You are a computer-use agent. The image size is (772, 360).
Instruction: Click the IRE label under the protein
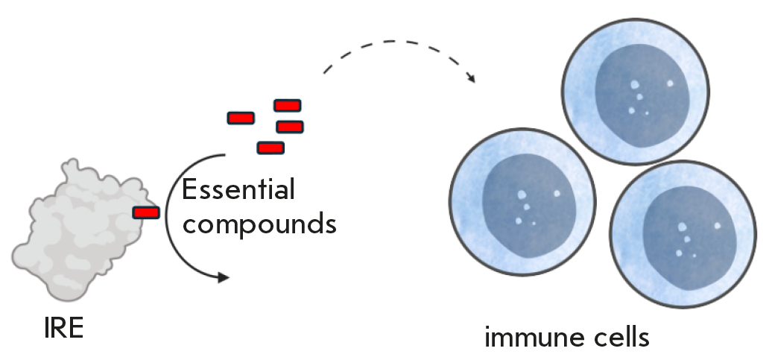(x=63, y=327)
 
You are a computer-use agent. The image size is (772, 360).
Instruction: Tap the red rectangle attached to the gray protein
(x=146, y=213)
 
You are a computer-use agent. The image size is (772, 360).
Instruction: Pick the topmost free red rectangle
(x=287, y=106)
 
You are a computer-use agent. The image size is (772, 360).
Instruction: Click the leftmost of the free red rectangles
(x=241, y=118)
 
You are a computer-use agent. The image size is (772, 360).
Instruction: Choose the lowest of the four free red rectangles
(x=270, y=148)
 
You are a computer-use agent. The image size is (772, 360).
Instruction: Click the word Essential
(x=238, y=190)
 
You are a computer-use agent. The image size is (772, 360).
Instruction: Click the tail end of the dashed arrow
(x=326, y=72)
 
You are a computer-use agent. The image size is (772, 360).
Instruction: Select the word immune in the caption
(x=531, y=338)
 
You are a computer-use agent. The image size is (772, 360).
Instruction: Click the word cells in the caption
(x=621, y=338)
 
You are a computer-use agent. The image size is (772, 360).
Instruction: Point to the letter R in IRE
(x=62, y=327)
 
